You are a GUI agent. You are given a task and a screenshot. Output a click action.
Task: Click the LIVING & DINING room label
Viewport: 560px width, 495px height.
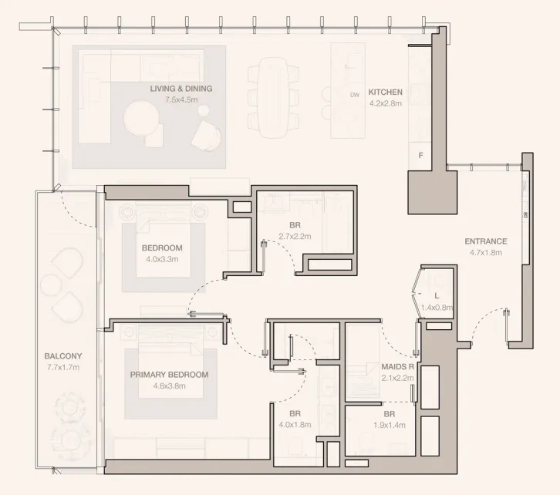click(180, 89)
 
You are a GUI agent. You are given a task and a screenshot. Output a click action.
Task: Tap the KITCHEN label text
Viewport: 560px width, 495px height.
click(386, 92)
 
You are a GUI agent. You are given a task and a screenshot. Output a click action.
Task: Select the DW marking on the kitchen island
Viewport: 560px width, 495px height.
click(355, 95)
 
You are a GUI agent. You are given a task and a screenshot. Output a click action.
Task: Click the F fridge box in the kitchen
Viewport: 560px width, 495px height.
click(420, 155)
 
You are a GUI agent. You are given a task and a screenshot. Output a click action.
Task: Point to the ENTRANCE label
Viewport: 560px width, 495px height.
click(486, 241)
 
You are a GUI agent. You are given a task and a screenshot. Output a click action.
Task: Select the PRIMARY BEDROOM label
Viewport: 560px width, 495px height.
click(169, 375)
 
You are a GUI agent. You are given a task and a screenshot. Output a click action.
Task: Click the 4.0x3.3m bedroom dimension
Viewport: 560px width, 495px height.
click(162, 260)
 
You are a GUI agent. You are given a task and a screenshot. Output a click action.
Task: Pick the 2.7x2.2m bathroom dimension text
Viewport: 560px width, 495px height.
click(295, 236)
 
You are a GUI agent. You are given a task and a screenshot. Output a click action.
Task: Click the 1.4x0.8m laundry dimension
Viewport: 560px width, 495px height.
click(437, 307)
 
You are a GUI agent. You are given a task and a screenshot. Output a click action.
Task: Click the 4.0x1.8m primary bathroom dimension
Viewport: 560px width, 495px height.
click(295, 424)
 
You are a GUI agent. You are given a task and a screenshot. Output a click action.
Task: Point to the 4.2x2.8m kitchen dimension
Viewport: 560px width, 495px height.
click(386, 103)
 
